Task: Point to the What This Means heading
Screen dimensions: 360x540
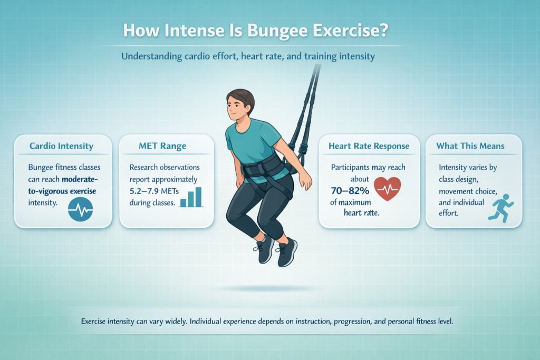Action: [470, 146]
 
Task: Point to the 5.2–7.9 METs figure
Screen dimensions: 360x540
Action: [156, 190]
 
